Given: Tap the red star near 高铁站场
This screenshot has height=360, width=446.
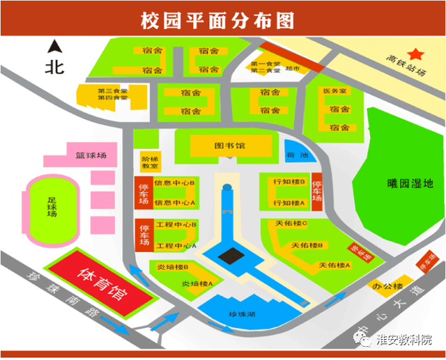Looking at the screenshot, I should pos(416,53).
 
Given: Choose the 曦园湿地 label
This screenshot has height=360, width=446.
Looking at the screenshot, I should pos(410,184).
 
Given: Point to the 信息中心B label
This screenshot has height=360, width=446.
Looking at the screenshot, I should pos(176,182).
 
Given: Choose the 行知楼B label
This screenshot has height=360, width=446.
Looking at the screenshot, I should pos(289,182).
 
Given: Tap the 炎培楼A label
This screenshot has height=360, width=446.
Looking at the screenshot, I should pos(196,283).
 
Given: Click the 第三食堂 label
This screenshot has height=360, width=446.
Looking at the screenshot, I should pos(111,91).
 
